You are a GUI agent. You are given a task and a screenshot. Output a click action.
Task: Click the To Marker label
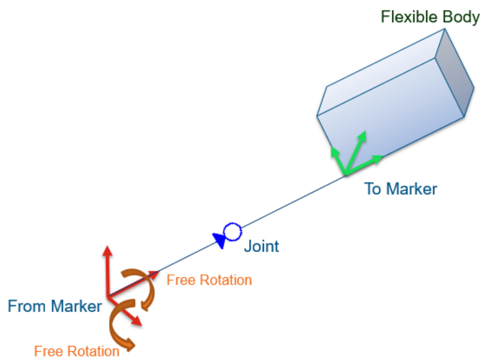pyautogui.click(x=401, y=189)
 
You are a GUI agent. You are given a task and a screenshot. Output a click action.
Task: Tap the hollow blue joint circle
pyautogui.click(x=232, y=232)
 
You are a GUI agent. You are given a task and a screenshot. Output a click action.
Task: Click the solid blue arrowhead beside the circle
pyautogui.click(x=219, y=240)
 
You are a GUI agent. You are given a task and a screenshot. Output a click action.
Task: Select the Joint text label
pyautogui.click(x=261, y=246)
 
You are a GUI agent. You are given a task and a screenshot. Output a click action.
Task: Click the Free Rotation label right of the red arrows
pyautogui.click(x=209, y=280)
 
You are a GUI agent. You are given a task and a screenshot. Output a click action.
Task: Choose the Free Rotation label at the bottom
pyautogui.click(x=77, y=351)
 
